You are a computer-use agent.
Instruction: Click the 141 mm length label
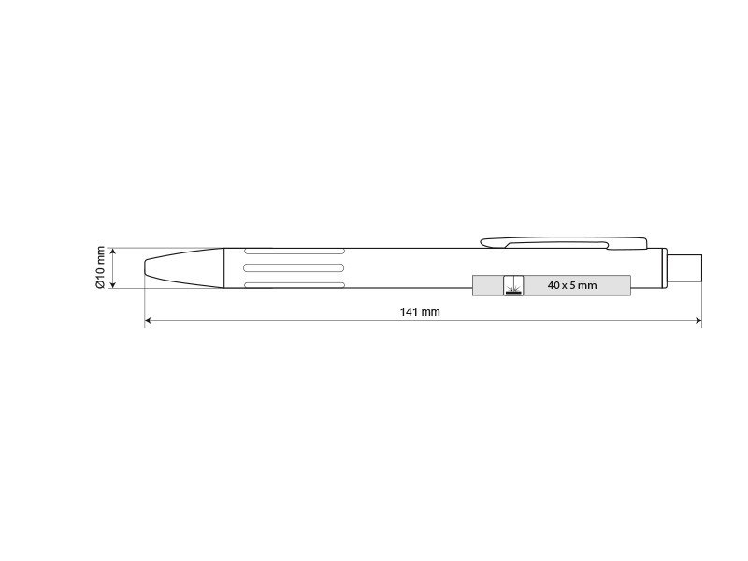[420, 312]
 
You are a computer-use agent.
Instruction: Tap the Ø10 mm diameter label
[100, 267]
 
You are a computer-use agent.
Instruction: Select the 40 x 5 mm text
[572, 285]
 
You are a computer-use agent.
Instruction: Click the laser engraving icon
[513, 285]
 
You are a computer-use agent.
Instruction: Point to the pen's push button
[684, 267]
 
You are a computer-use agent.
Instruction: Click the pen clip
[564, 243]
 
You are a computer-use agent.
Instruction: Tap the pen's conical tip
[184, 267]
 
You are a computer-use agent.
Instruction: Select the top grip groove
[295, 251]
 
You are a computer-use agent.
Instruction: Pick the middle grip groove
[294, 267]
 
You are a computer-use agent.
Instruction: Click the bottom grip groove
[295, 285]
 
